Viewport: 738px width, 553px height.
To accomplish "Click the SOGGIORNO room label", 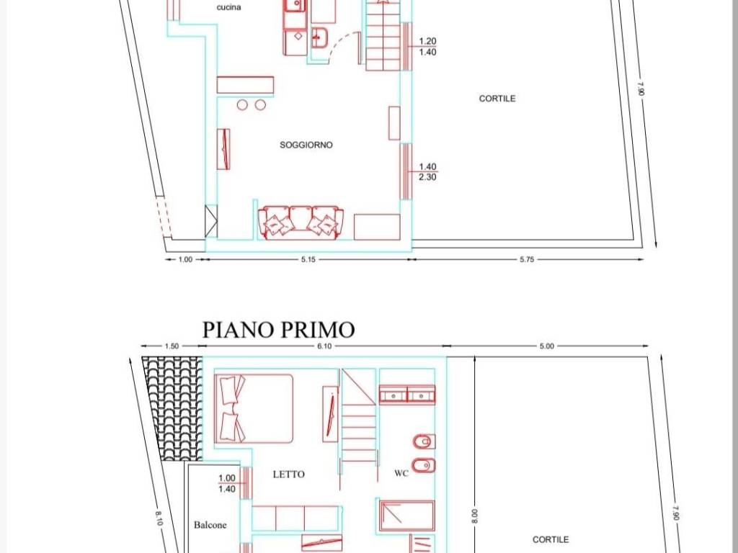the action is coord(306,145).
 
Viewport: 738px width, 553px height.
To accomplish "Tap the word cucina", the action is coord(228,7).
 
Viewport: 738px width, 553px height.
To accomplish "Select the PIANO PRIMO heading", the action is coord(278,330).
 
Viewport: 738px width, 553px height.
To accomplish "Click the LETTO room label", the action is coord(288,475).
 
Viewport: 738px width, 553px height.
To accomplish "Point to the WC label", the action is coord(401,474).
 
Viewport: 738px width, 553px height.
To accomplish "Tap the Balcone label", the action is coord(210,525).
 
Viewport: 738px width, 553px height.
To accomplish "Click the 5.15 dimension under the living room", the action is coord(308,259).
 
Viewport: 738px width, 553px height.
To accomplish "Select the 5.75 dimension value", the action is coord(527,259).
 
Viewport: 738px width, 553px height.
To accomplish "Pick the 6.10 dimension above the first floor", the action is coord(324,346).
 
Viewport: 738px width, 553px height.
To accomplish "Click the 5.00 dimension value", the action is coord(546,346).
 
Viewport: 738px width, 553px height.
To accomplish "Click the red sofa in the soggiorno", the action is coord(301,222).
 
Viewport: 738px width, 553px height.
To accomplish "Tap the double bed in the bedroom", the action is coord(254,409).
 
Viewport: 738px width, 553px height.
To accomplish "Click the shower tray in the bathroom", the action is coord(406,516).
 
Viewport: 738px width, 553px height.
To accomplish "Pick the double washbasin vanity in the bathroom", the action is coord(407,395).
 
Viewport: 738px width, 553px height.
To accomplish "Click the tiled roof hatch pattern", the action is coord(173,408).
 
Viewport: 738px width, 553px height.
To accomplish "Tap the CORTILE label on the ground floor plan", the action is coord(497,98).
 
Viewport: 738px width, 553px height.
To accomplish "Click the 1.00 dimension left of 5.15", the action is coord(185,259).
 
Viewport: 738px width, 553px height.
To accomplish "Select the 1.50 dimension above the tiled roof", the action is coord(172,346).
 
